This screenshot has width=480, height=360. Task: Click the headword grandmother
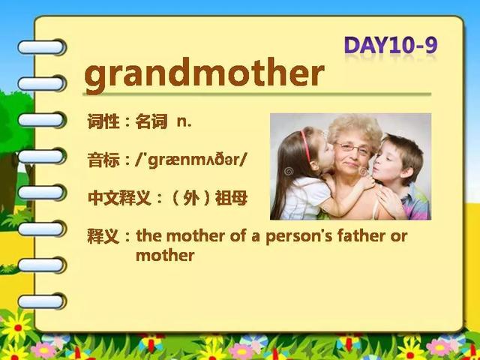pyautogui.click(x=204, y=75)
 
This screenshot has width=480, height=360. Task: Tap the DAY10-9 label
pyautogui.click(x=391, y=45)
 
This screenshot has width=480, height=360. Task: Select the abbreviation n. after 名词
pyautogui.click(x=184, y=122)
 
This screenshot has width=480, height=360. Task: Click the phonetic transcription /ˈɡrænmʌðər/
pyautogui.click(x=190, y=160)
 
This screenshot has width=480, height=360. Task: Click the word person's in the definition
pyautogui.click(x=298, y=237)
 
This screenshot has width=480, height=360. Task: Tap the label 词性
pyautogui.click(x=103, y=121)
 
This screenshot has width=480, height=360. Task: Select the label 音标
pyautogui.click(x=103, y=160)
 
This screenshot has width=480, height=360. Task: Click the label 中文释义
pyautogui.click(x=119, y=198)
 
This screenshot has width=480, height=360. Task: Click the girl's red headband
pyautogui.click(x=305, y=145)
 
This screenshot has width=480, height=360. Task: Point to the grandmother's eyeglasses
pyautogui.click(x=352, y=148)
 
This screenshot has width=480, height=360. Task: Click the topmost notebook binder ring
pyautogui.click(x=42, y=47)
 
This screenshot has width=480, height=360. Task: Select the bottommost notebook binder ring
pyautogui.click(x=42, y=301)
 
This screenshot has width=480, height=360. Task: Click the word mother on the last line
pyautogui.click(x=165, y=255)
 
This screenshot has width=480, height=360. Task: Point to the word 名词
pyautogui.click(x=151, y=121)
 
